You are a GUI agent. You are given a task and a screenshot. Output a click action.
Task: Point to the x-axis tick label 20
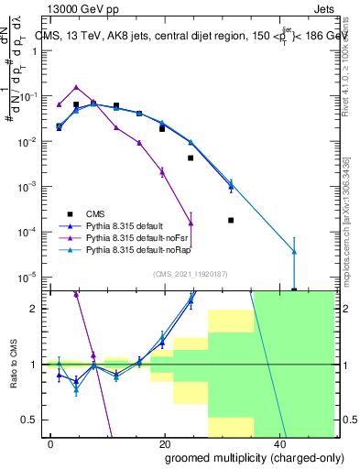click(164, 443)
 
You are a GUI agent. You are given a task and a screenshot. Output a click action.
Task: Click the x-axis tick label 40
click(278, 443)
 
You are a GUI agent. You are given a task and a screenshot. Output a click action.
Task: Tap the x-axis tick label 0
click(51, 443)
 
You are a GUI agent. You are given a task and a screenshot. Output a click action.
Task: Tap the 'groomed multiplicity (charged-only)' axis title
click(242, 457)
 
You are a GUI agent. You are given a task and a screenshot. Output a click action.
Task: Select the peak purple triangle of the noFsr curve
click(76, 87)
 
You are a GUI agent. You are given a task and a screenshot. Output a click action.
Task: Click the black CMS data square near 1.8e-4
click(231, 220)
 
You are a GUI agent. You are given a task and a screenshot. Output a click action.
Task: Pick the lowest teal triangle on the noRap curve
click(294, 251)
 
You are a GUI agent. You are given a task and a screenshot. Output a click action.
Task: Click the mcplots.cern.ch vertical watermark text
click(346, 211)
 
